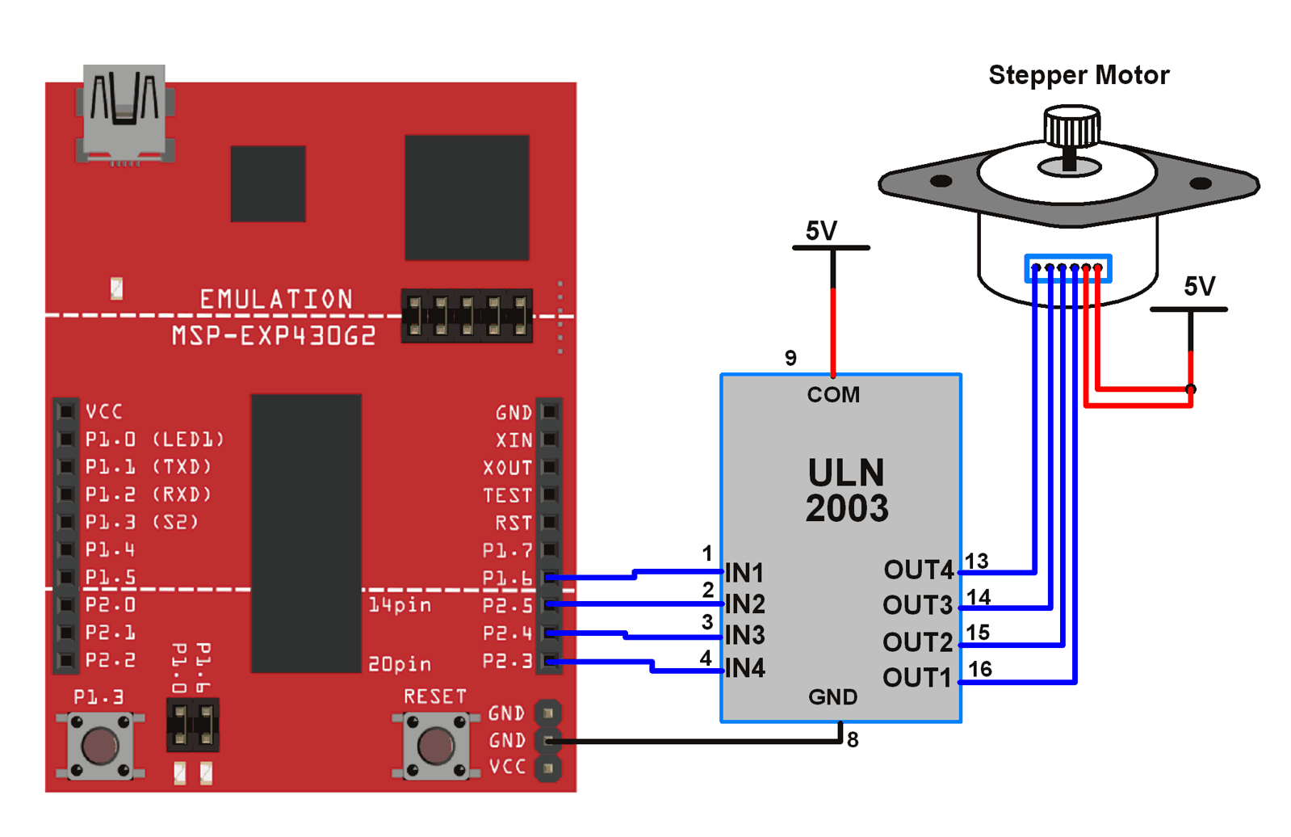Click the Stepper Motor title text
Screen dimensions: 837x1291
click(x=1078, y=75)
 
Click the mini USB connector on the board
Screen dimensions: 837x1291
click(x=124, y=112)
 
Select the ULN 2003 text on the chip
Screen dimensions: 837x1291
click(x=846, y=490)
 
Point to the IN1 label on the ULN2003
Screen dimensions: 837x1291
click(x=744, y=573)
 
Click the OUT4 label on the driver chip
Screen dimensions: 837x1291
click(x=918, y=570)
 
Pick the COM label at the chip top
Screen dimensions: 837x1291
click(x=833, y=394)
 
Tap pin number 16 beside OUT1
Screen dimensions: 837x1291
click(x=979, y=669)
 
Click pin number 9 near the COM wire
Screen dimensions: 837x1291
click(x=790, y=358)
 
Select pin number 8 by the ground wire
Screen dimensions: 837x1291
click(x=853, y=739)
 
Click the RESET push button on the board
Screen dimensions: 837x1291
click(x=435, y=746)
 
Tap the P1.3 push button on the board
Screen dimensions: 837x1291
click(x=100, y=746)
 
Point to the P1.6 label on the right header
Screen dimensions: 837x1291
click(x=507, y=578)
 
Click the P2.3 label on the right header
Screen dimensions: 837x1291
click(x=507, y=661)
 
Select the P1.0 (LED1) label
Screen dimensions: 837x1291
click(x=154, y=440)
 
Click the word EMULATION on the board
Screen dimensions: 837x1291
click(x=276, y=300)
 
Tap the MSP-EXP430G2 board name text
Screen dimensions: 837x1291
click(x=274, y=335)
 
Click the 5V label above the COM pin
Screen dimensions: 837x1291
click(x=821, y=231)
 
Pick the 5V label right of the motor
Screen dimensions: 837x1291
click(x=1199, y=286)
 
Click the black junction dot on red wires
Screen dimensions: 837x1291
click(x=1190, y=389)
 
